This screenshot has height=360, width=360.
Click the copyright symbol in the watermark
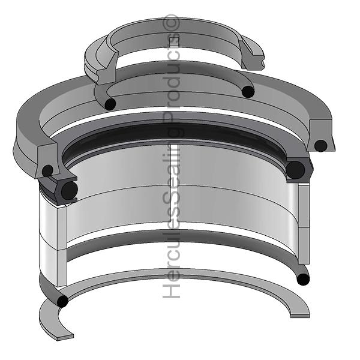[173, 23]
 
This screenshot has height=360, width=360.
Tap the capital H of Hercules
[173, 291]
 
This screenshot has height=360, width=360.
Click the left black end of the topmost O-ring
[110, 104]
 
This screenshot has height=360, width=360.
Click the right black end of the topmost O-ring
[247, 92]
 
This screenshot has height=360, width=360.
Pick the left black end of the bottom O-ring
[62, 301]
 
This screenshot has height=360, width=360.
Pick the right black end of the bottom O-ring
[303, 278]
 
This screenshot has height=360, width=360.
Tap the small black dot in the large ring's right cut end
[321, 145]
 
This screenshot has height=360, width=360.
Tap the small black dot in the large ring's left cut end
[47, 170]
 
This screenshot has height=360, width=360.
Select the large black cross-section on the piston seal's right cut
[295, 170]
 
